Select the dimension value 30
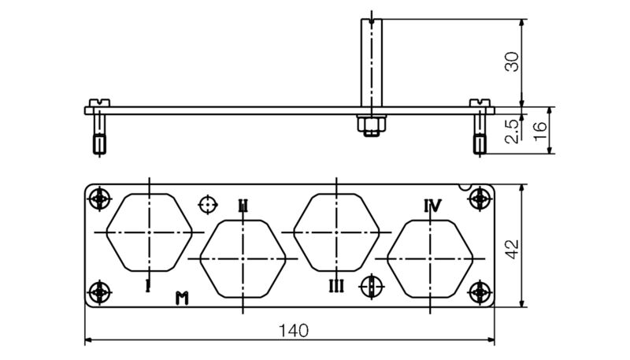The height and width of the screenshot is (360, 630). [x=513, y=61]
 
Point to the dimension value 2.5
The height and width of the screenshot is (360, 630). [x=513, y=130]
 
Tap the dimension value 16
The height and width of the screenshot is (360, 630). [x=540, y=131]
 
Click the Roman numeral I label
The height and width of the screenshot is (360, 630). [x=147, y=285]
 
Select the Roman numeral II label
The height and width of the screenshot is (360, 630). [x=243, y=206]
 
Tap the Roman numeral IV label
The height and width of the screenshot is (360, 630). [x=432, y=206]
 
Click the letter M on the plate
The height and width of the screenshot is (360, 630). [x=182, y=297]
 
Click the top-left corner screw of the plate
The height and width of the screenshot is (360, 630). [x=99, y=200]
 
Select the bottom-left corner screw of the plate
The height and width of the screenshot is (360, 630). [x=99, y=292]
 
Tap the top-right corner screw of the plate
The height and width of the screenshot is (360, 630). [x=478, y=200]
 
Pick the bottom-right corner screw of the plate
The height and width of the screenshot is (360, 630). [x=478, y=292]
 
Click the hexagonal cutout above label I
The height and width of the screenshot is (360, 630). [x=149, y=232]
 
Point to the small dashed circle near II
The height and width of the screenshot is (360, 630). [x=207, y=205]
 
